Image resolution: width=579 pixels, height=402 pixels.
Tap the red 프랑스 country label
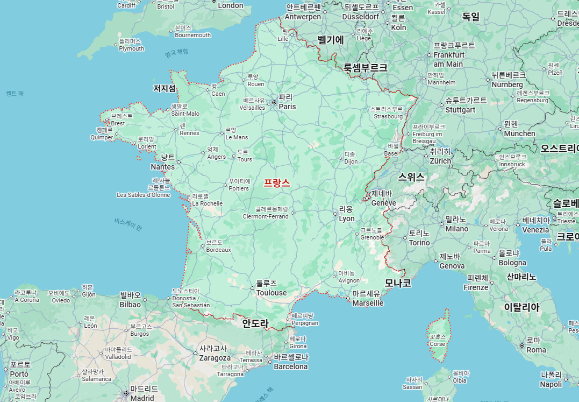[x=277, y=183]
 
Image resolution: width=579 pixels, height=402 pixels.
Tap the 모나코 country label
[x=398, y=283]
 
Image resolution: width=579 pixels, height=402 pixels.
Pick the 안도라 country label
[x=255, y=323]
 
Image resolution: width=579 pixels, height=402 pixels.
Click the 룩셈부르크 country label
[x=366, y=68]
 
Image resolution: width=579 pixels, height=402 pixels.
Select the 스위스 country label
[x=411, y=177]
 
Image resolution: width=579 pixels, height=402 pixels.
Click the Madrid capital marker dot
[x=126, y=393]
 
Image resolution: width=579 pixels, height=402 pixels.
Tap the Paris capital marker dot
[x=274, y=102]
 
